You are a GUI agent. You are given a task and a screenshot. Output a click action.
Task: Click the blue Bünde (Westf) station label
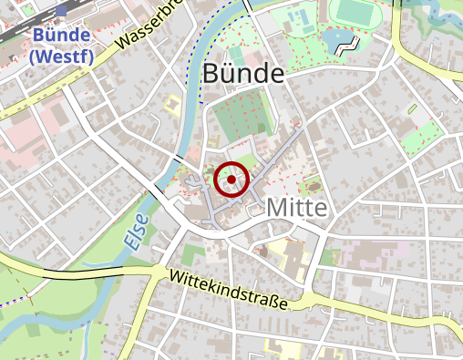(x=59, y=45)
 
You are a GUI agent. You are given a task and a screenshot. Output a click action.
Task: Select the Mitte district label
(x=296, y=208)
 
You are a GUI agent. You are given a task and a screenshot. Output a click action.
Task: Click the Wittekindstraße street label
(x=228, y=289)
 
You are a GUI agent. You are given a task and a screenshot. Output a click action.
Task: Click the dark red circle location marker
(x=231, y=180)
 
